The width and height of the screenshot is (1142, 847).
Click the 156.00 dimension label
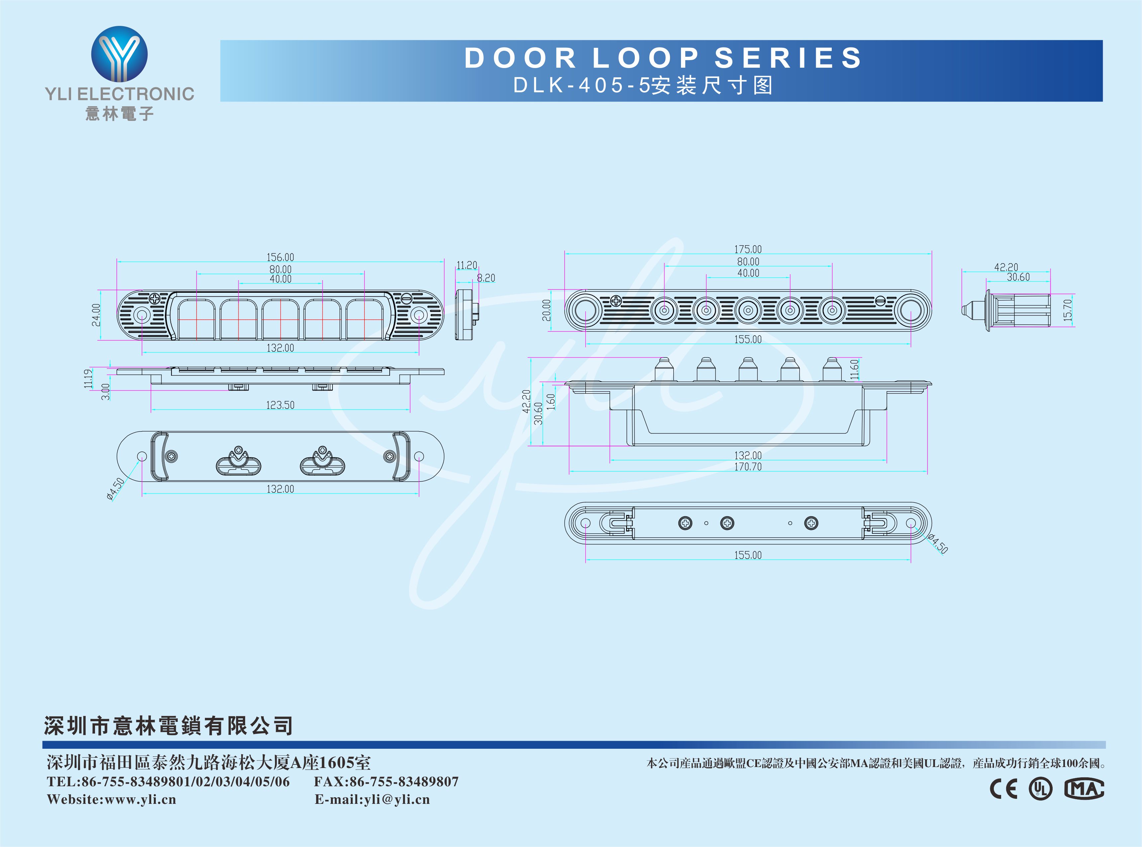[280, 257]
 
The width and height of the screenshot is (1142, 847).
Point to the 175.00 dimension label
[747, 249]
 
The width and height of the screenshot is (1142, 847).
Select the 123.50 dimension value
[280, 405]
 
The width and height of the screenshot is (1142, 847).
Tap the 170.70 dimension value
[747, 467]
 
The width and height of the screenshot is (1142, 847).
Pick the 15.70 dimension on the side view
[1068, 310]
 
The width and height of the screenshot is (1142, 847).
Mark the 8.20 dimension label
[486, 278]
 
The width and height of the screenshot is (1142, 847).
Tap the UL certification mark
[1040, 789]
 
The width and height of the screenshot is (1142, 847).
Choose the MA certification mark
[1084, 789]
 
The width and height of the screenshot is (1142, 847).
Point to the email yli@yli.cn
[397, 799]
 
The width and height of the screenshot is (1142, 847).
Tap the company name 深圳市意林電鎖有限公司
[168, 726]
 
